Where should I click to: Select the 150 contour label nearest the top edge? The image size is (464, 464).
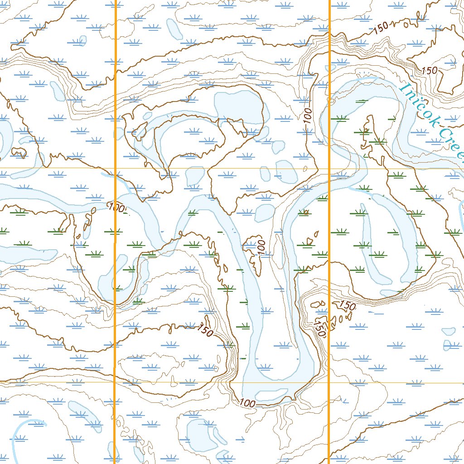point(382,28)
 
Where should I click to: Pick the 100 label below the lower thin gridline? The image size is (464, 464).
point(248,403)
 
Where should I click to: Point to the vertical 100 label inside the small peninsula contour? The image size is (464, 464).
point(261,246)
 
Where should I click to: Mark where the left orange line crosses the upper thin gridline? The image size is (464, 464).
point(115,169)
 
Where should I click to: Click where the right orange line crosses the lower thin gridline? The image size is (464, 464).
point(329,383)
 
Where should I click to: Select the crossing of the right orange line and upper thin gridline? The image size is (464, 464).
point(329,169)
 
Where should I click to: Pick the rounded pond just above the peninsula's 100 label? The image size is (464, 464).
point(265,212)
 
